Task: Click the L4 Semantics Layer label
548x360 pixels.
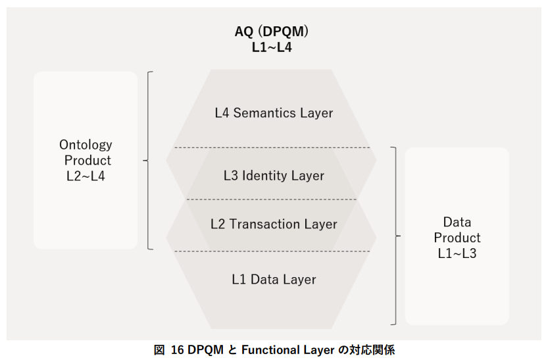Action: click(x=274, y=113)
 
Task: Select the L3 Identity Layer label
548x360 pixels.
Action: click(x=274, y=176)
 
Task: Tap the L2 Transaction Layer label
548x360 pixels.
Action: click(x=274, y=224)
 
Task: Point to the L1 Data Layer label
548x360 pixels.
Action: click(x=274, y=279)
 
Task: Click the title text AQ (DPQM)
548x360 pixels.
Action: click(x=272, y=32)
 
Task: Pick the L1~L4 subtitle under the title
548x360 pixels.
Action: click(x=272, y=46)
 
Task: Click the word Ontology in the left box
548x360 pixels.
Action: click(x=86, y=145)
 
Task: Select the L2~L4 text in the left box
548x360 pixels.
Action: click(x=86, y=176)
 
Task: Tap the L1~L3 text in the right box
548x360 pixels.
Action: click(x=457, y=253)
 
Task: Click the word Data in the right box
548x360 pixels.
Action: click(x=457, y=222)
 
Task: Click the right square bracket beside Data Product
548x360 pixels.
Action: click(x=395, y=236)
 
